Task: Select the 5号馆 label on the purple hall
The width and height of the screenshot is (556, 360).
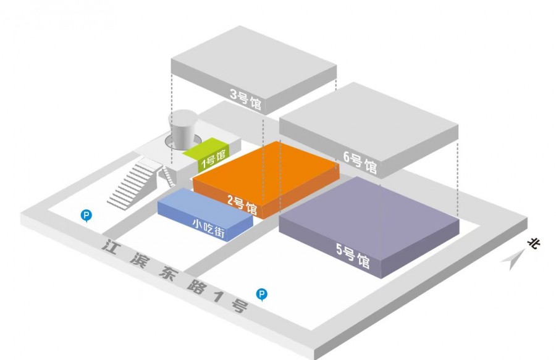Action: click(353, 255)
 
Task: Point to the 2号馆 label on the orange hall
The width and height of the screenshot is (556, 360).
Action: click(242, 205)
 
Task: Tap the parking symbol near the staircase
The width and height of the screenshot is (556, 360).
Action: click(86, 215)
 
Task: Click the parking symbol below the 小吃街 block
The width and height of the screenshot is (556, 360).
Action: click(262, 295)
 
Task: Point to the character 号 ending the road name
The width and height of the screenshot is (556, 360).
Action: click(238, 306)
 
